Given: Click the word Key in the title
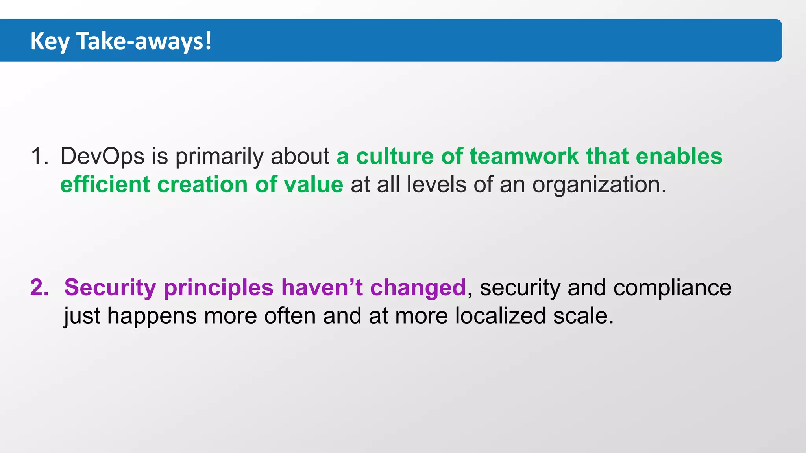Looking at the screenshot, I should coord(50,41).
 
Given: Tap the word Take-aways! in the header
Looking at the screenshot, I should coord(144,41).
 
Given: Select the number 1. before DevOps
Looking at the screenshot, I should coord(39,157).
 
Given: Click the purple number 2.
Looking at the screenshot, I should coord(39,287).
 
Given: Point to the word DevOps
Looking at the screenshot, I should coord(102,157).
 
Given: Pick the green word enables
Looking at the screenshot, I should coord(679,157).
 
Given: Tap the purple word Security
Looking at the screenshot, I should coord(110,287).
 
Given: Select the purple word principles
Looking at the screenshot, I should coord(218,287).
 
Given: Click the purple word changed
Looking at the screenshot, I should coord(418,287).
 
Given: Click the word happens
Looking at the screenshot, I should coord(152,316).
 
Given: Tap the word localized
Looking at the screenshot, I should coord(500,316).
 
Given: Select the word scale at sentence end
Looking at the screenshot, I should coord(580,316).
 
